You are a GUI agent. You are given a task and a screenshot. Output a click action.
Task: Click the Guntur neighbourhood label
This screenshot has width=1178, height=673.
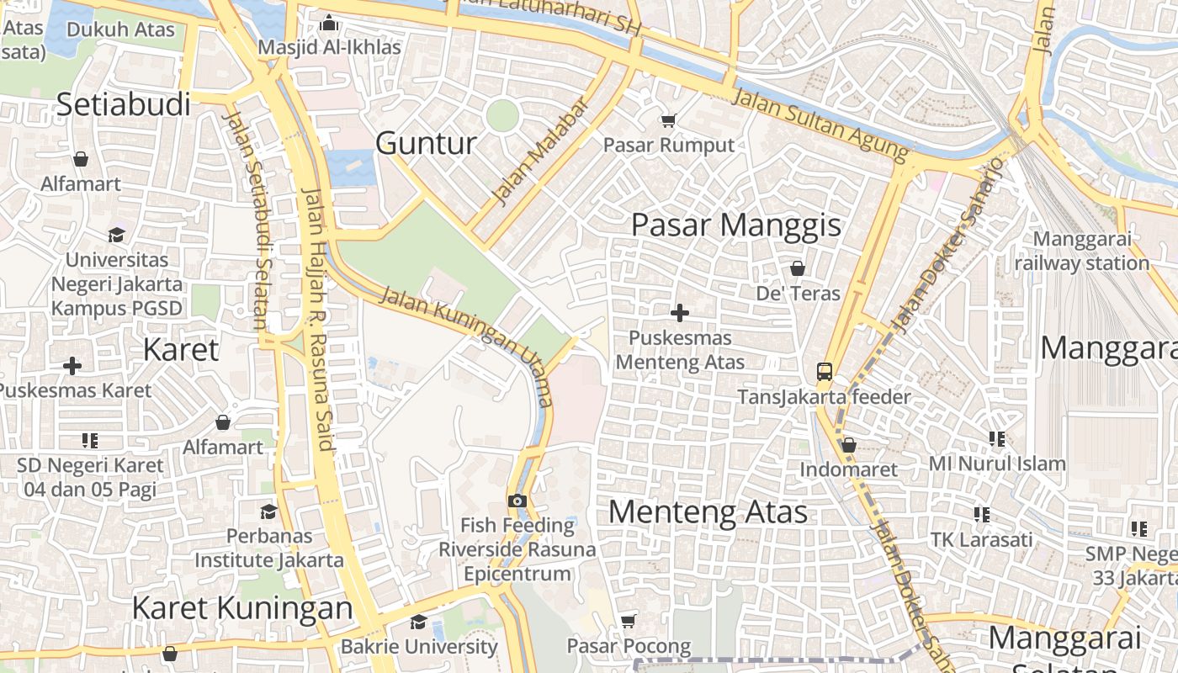coord(426,143)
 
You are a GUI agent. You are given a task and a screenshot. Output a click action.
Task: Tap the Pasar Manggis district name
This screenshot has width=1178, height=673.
coord(736,225)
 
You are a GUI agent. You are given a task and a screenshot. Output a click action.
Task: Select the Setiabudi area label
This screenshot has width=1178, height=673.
coord(124,104)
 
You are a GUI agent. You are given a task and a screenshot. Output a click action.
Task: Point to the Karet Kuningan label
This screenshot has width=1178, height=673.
coord(242,607)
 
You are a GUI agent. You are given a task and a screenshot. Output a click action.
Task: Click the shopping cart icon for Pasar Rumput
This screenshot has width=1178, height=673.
coord(668,121)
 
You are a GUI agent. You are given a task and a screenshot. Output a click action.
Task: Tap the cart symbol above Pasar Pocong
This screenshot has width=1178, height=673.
coord(628,622)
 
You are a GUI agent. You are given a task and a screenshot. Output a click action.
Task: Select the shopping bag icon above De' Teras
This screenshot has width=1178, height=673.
coord(797,268)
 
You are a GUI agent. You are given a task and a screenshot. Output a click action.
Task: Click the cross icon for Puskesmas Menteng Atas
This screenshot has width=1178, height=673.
coord(680,314)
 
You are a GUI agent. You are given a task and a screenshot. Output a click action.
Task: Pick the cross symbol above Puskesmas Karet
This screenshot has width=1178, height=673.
coord(72,366)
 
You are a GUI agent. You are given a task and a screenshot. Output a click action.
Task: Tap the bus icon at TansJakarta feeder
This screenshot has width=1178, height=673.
coord(824,372)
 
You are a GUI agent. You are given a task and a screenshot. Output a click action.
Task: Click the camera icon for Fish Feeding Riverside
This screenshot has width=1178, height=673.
coord(517,501)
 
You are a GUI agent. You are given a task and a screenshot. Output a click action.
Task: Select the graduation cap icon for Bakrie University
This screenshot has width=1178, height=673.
coord(418,623)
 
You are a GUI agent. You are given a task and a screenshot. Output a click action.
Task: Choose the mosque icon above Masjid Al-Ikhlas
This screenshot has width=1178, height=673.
coord(329,23)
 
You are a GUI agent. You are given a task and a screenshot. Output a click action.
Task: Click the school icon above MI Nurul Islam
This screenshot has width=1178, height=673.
coord(997,439)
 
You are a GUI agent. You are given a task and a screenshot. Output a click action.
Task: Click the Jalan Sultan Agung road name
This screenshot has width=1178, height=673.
coord(821,125)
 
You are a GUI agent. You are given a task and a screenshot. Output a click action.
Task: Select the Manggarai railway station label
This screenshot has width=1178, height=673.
coord(1081,251)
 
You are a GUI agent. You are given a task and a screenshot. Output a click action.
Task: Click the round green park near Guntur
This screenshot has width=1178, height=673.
coord(501,115)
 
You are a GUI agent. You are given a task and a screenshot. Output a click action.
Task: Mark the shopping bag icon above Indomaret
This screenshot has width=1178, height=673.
coord(848,444)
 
